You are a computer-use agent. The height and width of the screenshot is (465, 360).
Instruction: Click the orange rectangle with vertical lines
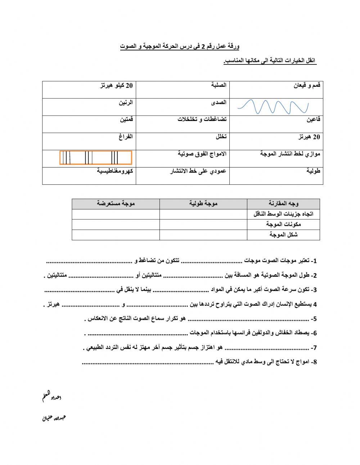[96, 158]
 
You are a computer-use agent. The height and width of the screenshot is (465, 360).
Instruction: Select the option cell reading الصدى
[219, 103]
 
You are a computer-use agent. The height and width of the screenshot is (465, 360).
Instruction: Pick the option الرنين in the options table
[126, 103]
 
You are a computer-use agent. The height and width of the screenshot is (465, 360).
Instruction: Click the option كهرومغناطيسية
[115, 171]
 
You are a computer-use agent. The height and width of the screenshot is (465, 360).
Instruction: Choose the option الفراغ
[126, 137]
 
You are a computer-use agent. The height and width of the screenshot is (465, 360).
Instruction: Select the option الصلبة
[219, 85]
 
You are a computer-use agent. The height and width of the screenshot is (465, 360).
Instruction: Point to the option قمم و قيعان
[307, 85]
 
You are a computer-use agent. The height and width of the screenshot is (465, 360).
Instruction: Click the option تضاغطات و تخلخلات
[202, 120]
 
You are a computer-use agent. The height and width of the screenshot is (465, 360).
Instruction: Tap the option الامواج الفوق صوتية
[202, 154]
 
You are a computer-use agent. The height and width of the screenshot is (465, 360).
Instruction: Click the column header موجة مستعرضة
[116, 204]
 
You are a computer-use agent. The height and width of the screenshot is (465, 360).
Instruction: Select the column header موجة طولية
[203, 204]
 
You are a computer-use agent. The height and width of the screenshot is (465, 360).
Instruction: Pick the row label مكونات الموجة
[283, 224]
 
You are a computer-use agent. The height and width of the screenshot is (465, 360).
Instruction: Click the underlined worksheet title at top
[180, 47]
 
